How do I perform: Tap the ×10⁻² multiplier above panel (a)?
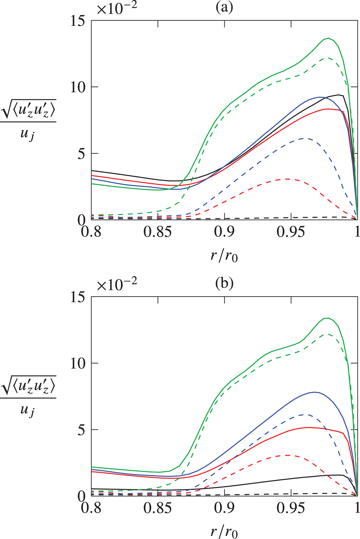117,8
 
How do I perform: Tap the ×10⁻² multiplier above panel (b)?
117,284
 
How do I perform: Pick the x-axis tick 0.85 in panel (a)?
158,232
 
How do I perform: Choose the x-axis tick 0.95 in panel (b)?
290,508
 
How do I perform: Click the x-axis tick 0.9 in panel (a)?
224,232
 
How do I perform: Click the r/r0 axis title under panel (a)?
224,256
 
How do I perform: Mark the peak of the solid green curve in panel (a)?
329,38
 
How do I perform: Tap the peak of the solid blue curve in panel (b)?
314,392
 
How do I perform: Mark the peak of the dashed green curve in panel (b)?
329,334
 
